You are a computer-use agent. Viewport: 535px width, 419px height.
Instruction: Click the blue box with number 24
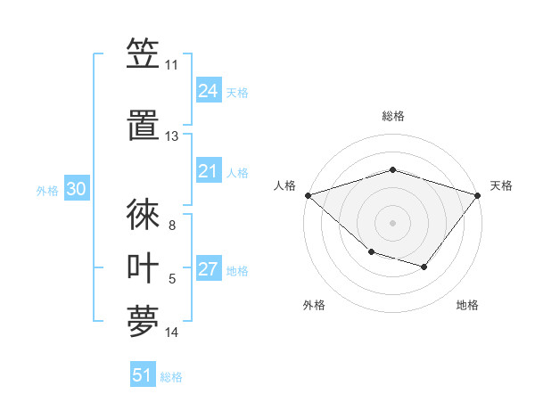[x=209, y=91]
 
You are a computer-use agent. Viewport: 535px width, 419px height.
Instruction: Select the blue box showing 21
[x=209, y=172]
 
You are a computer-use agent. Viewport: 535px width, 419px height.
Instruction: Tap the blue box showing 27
[x=209, y=270]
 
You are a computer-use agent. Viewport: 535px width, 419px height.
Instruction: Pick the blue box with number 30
[x=76, y=190]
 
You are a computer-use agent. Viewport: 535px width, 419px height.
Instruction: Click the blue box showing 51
[x=143, y=375]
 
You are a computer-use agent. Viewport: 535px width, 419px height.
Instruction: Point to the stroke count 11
[x=171, y=65]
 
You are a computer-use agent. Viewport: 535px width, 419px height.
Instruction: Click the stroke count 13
[x=171, y=136]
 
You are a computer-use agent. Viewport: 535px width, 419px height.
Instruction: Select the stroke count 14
[x=171, y=333]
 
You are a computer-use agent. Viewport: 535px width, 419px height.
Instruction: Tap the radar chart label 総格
[x=392, y=116]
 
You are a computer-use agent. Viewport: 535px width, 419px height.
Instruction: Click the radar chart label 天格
[x=501, y=185]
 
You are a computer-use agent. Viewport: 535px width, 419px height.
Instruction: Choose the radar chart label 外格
[x=314, y=305]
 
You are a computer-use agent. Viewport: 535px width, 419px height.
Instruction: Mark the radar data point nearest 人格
[x=308, y=194]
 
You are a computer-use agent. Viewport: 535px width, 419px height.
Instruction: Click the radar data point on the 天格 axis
[x=478, y=194]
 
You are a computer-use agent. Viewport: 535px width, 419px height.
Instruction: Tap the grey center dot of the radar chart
[x=392, y=222]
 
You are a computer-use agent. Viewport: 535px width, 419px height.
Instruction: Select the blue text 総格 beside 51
[x=171, y=377]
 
